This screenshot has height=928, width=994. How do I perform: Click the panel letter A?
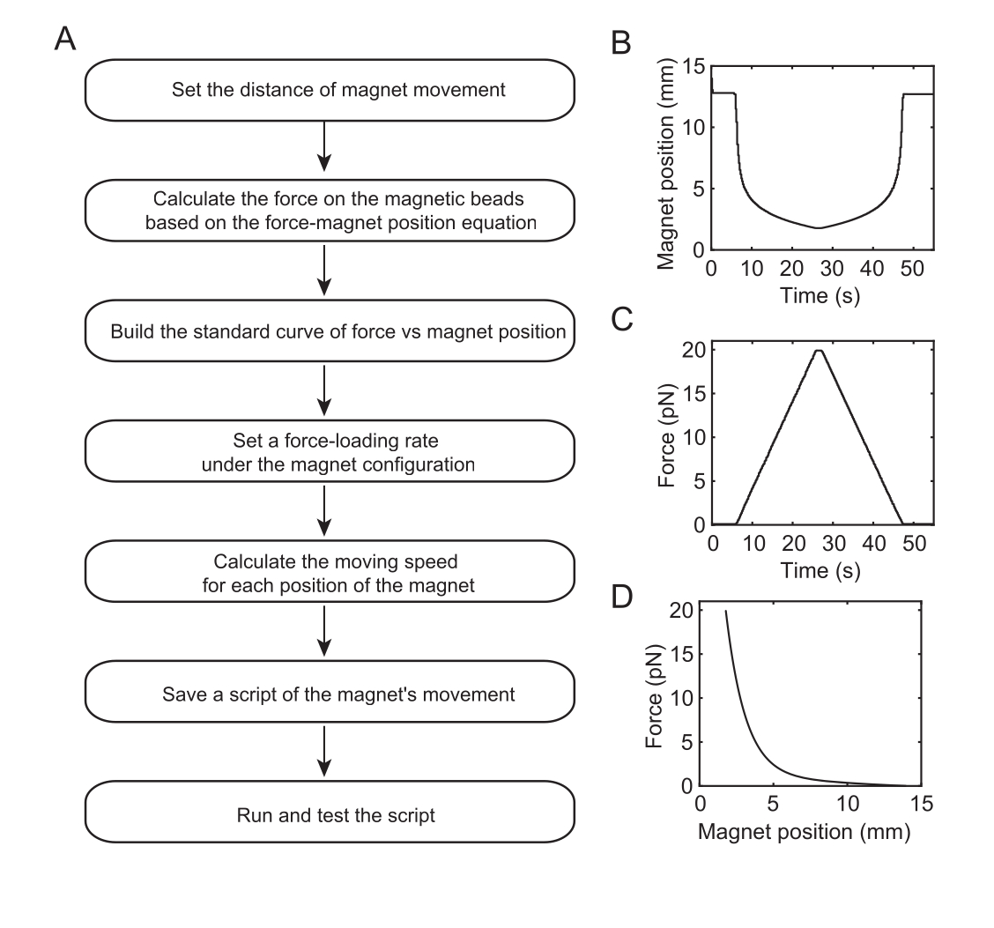pyautogui.click(x=65, y=39)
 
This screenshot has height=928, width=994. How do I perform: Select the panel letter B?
pyautogui.click(x=621, y=43)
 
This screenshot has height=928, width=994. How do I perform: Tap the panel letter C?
pyautogui.click(x=622, y=320)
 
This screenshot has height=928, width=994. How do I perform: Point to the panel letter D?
pyautogui.click(x=622, y=597)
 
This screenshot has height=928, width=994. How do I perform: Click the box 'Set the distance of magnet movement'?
pyautogui.click(x=330, y=90)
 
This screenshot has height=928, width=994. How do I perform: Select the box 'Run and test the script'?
pyautogui.click(x=330, y=812)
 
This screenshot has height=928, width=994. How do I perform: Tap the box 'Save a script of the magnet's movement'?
pyautogui.click(x=330, y=692)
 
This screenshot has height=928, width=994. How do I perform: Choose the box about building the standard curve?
pyautogui.click(x=330, y=330)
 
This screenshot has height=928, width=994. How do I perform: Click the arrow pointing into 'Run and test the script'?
pyautogui.click(x=324, y=752)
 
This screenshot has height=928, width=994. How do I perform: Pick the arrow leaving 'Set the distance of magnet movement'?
pyautogui.click(x=324, y=146)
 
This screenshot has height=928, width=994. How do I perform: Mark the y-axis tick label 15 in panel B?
pyautogui.click(x=694, y=66)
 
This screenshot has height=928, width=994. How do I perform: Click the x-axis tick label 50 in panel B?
pyautogui.click(x=911, y=269)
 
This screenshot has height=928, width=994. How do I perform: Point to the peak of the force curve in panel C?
pyautogui.click(x=819, y=351)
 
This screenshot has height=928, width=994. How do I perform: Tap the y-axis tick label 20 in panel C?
pyautogui.click(x=694, y=349)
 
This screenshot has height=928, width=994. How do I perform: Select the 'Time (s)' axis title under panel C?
pyautogui.click(x=820, y=570)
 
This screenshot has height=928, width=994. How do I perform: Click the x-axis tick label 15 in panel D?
pyautogui.click(x=921, y=804)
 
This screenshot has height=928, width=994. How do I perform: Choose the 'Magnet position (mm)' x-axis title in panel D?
pyautogui.click(x=804, y=832)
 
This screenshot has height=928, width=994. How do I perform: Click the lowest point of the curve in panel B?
pyautogui.click(x=818, y=228)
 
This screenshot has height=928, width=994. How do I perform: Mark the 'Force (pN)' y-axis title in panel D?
pyautogui.click(x=654, y=696)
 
